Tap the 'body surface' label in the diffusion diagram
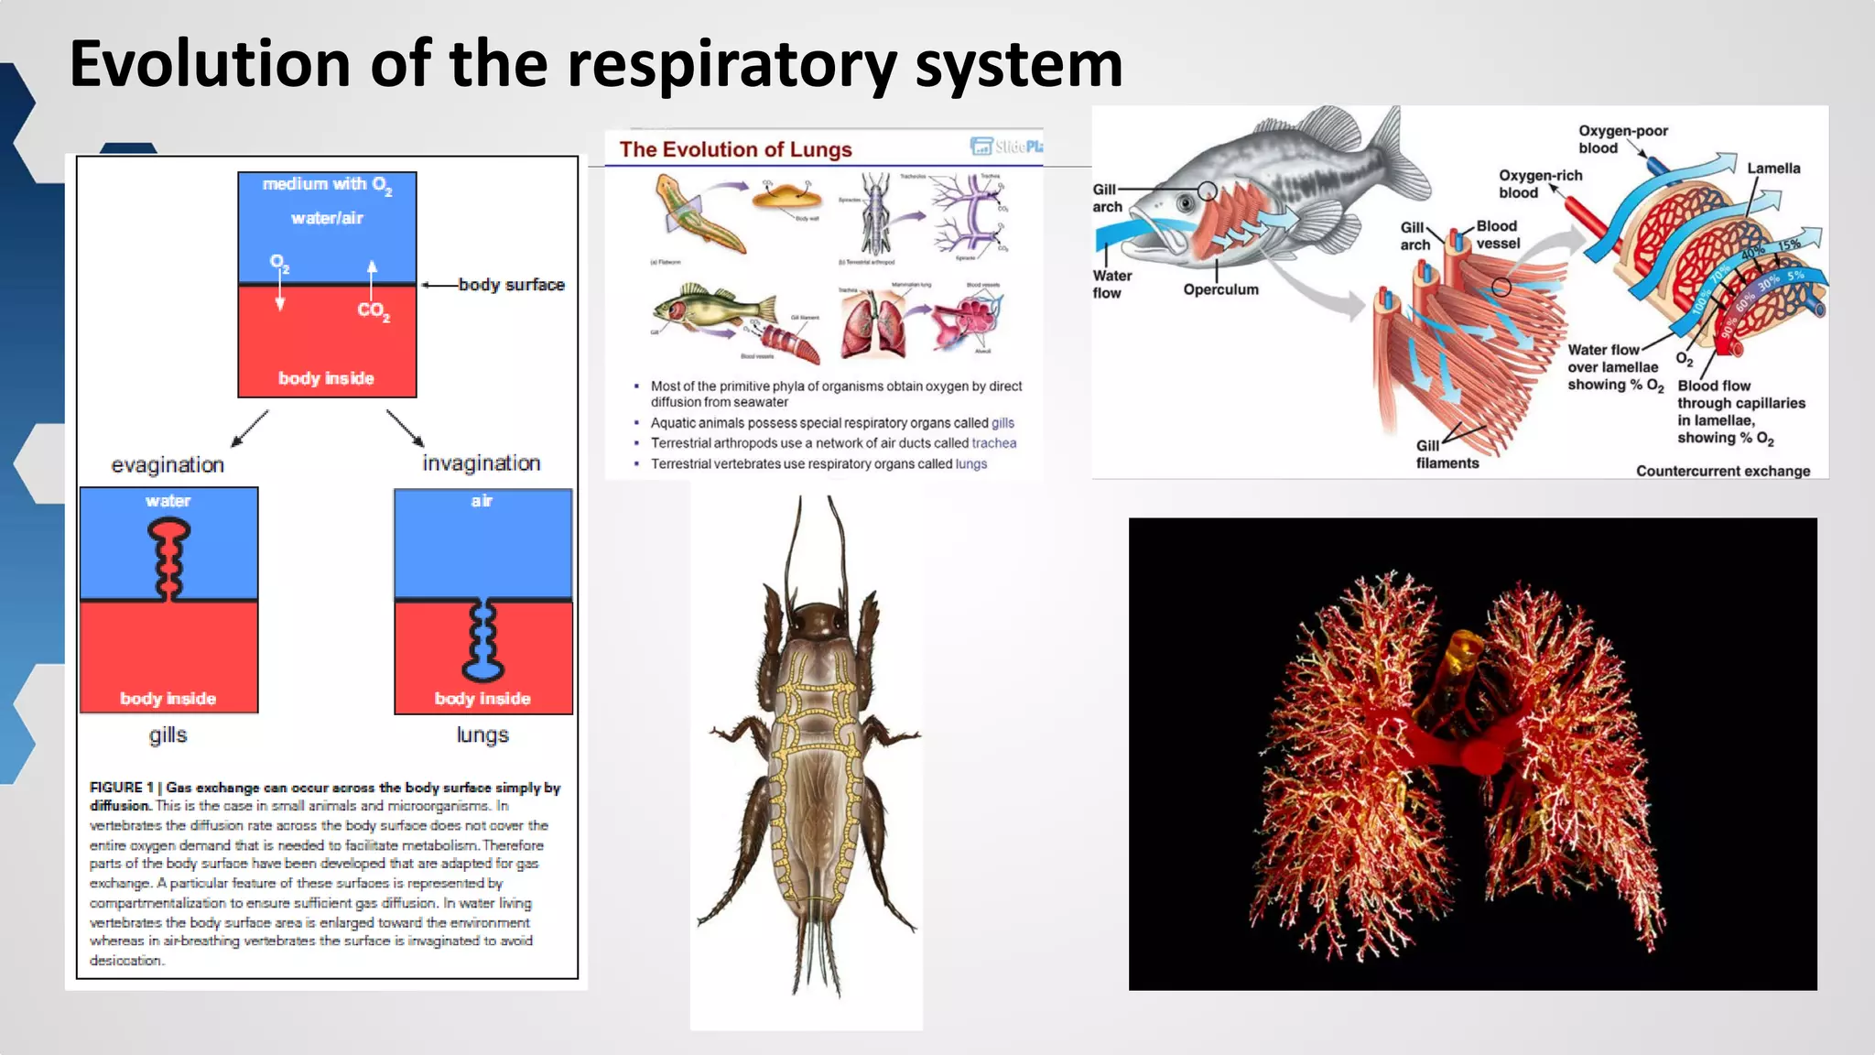click(511, 285)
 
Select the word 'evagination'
click(168, 465)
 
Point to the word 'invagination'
click(482, 463)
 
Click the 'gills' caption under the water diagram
click(168, 735)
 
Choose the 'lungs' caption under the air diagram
click(482, 735)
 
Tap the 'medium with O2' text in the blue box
click(327, 185)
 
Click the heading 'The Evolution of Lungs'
click(735, 149)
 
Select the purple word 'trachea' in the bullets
click(993, 443)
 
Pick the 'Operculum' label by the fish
click(1220, 289)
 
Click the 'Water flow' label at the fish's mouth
click(1111, 284)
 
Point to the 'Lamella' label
click(1772, 169)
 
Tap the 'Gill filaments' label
click(1447, 454)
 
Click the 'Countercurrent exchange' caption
click(1722, 471)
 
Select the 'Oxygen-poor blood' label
click(1622, 139)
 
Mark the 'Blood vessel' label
click(1497, 234)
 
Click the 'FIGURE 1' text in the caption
click(116, 788)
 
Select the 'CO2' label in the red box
click(374, 310)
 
